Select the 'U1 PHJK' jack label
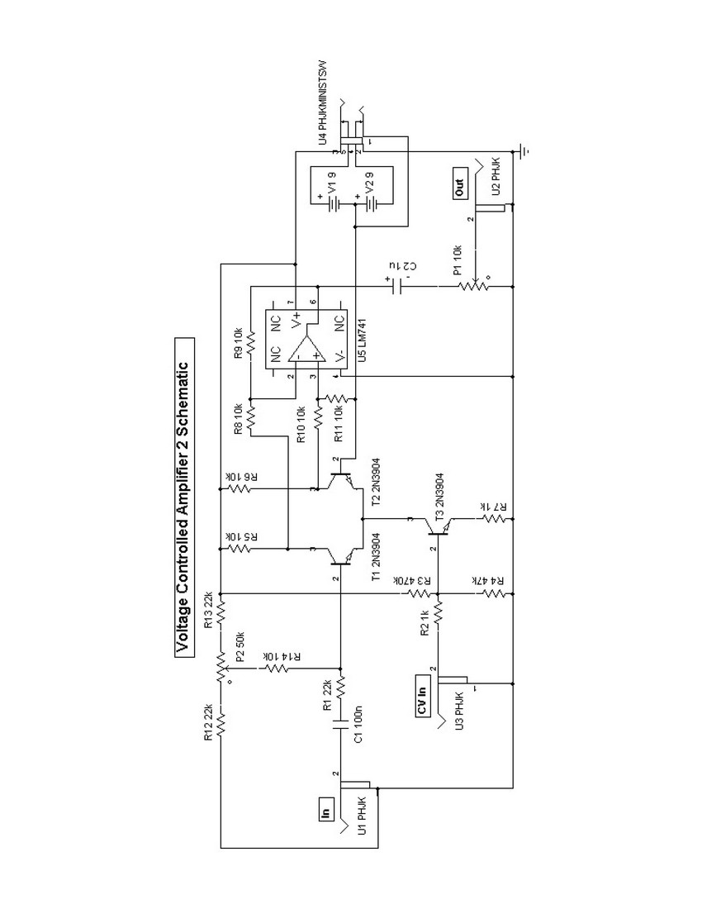(x=360, y=817)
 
